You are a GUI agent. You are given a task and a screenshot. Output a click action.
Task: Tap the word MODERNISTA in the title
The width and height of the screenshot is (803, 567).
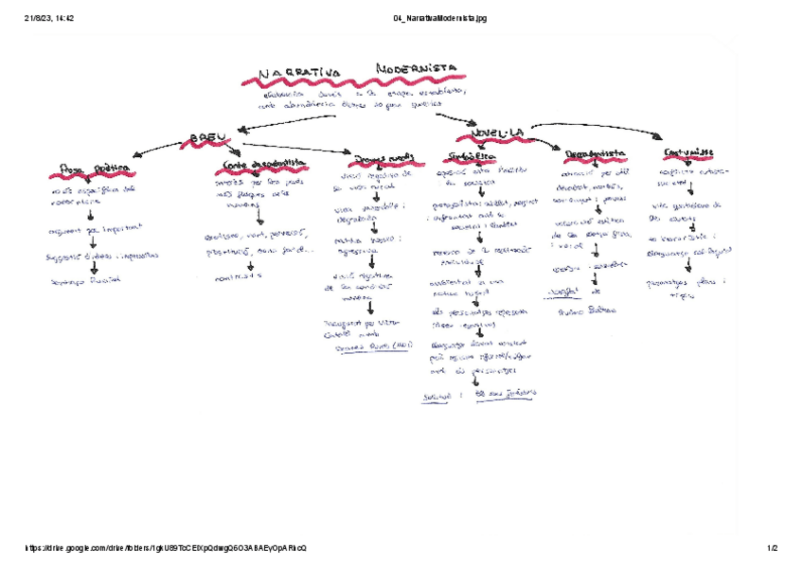(x=416, y=69)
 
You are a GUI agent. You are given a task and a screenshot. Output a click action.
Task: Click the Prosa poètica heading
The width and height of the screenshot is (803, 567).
(x=94, y=169)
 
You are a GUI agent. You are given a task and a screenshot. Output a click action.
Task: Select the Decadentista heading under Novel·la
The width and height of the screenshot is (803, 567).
(x=594, y=153)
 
